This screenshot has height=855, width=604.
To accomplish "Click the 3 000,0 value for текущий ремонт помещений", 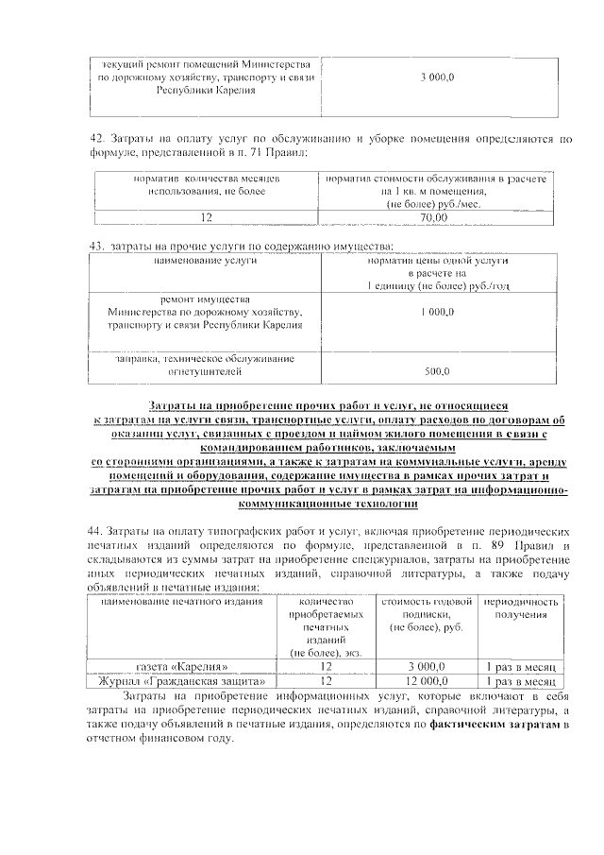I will click(437, 75).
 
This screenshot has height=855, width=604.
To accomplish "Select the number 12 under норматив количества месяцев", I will click(205, 216).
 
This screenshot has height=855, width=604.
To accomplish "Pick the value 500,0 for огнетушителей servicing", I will click(437, 371).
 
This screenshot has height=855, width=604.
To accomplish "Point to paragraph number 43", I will click(95, 246).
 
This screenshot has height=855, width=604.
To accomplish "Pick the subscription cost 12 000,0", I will click(426, 680).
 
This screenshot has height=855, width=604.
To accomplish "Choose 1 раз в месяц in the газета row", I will click(522, 666).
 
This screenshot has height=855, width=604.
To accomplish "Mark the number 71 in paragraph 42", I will click(283, 151).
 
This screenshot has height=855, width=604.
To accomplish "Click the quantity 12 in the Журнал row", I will click(327, 680).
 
